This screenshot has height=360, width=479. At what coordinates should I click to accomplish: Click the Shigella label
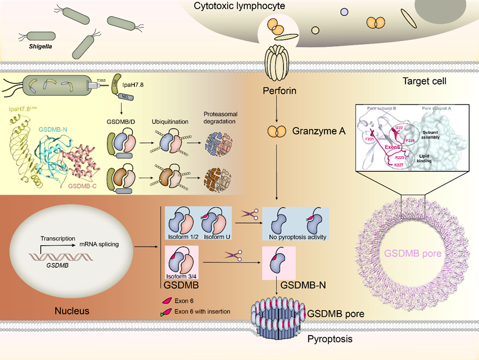(40, 47)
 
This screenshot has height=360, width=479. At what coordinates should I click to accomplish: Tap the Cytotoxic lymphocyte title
(239, 6)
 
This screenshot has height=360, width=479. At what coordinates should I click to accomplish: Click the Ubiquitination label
(168, 121)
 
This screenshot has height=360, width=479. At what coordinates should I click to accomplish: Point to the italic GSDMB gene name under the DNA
(57, 266)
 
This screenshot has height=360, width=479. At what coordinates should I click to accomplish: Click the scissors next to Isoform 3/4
(233, 256)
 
